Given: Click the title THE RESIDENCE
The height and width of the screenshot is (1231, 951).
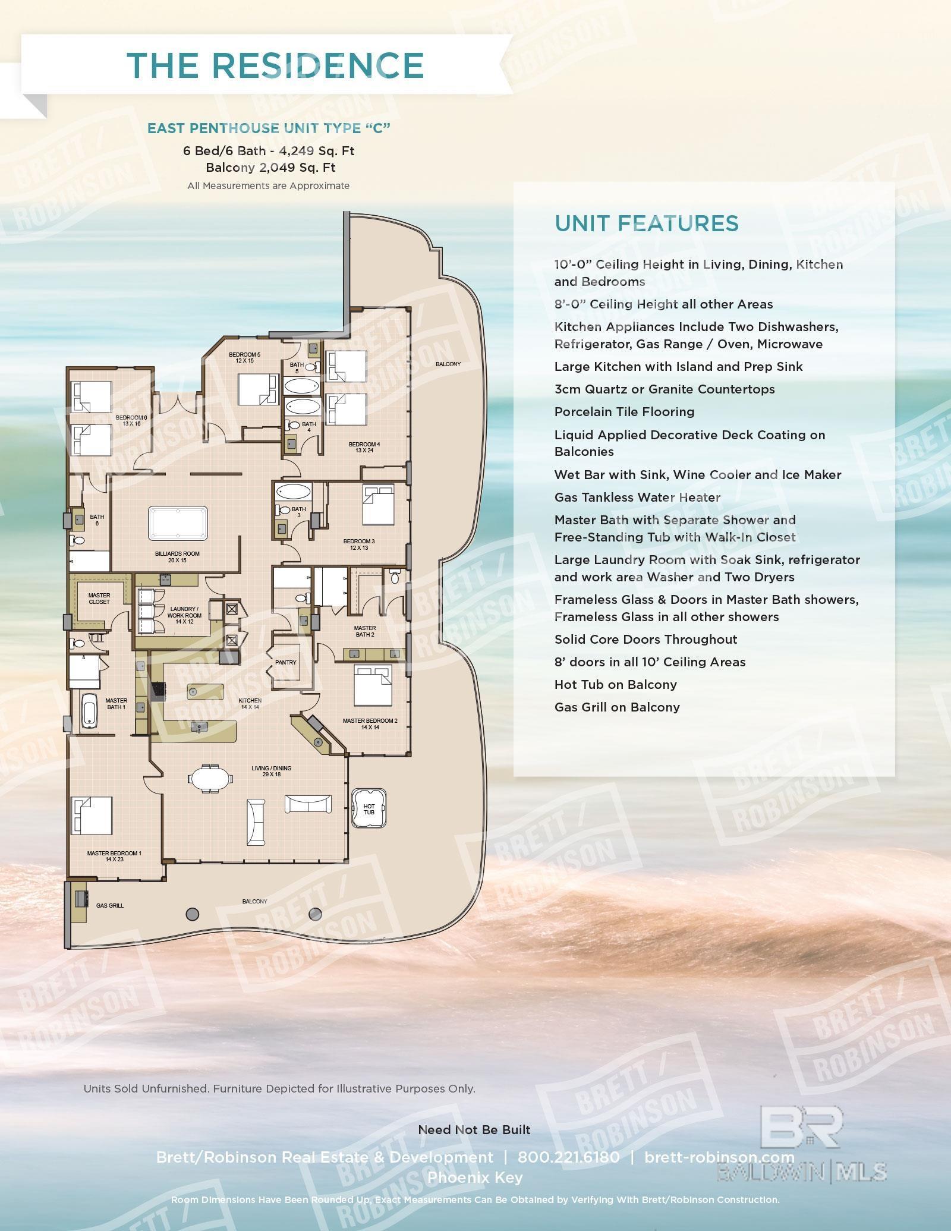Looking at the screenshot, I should [275, 65].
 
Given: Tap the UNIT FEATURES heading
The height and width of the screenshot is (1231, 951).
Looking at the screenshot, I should [646, 223].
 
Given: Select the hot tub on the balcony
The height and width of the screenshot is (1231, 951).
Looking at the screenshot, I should [369, 808].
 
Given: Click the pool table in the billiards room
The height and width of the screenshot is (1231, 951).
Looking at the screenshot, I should [178, 523].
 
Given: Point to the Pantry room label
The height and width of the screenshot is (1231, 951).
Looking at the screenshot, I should [285, 662].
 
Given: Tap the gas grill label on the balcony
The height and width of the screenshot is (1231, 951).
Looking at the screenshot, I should [110, 905].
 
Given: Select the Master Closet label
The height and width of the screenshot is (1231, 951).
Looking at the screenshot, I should [99, 598].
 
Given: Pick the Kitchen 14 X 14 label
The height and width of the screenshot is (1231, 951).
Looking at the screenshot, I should [250, 704].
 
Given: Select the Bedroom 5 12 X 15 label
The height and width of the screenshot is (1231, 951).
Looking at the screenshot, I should [244, 357].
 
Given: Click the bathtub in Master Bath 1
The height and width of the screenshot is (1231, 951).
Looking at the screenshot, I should [89, 711].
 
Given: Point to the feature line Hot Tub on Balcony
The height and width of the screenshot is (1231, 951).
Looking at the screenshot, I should [615, 685].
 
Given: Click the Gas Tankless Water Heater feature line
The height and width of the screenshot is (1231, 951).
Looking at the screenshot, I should [637, 497].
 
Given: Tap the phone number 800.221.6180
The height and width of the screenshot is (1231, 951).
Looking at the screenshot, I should [568, 1157].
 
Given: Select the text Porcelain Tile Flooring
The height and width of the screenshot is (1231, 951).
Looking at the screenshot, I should [624, 412].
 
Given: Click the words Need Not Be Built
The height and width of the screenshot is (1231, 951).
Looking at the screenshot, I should [474, 1129].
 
